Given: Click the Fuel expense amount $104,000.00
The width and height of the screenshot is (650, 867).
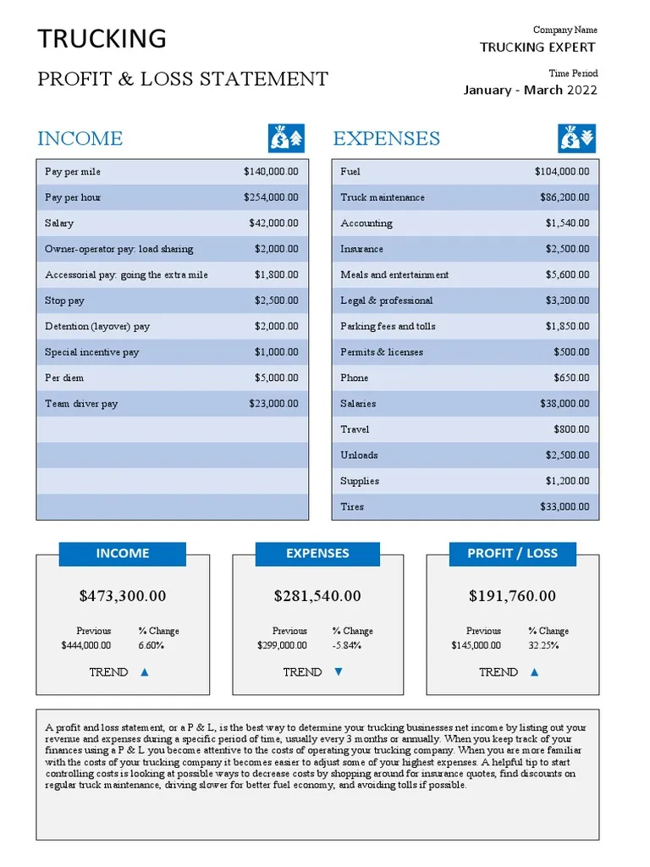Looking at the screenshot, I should (562, 172).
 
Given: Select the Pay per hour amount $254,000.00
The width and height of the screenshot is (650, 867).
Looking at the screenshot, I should (271, 197).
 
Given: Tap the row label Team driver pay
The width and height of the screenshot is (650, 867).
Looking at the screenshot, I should (81, 404).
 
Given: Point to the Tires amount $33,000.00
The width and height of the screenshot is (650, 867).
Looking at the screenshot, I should (565, 507).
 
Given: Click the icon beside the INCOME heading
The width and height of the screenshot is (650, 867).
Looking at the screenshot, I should (286, 137).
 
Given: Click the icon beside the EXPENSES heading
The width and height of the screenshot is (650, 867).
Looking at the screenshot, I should (576, 137).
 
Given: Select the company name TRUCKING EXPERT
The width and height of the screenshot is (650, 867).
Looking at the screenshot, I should (537, 47).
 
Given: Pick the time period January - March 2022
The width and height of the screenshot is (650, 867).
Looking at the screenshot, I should (530, 91).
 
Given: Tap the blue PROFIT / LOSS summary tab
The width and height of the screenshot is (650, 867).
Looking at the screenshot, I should (512, 554).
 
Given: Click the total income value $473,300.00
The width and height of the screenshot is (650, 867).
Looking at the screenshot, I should (123, 596).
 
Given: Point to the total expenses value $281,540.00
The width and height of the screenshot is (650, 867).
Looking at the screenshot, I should (317, 596).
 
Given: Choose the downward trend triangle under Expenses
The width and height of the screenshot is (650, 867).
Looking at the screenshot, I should (339, 672).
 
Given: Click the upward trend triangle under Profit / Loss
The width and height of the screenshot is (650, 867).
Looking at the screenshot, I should (534, 672).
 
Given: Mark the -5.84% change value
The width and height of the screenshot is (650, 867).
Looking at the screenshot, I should (346, 645).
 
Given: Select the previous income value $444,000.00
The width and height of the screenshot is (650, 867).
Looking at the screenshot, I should (86, 645).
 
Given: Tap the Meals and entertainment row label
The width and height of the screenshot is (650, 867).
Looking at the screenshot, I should (394, 275).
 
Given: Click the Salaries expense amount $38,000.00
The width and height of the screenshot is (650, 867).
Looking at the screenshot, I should (565, 404).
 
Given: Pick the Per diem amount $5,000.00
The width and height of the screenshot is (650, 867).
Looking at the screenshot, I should (276, 378).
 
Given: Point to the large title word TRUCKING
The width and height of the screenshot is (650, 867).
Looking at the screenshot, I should (102, 39).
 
